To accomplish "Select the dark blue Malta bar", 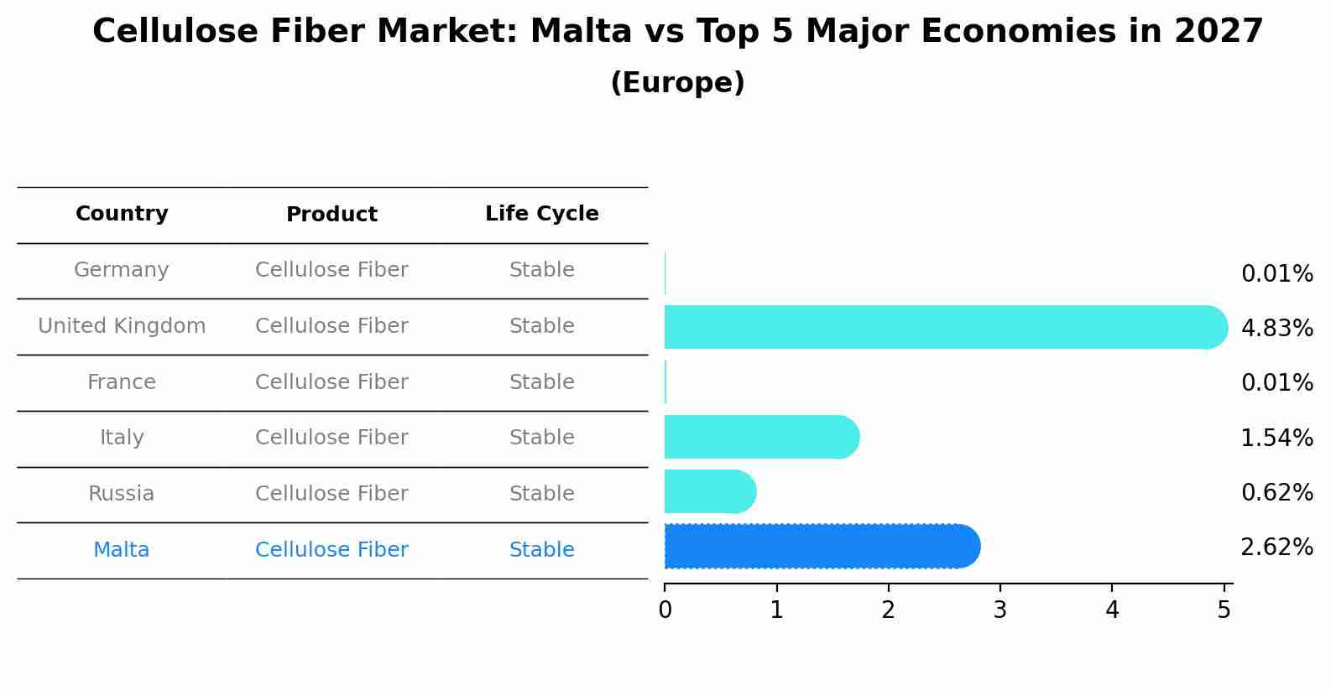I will point(822,547).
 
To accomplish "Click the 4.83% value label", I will point(1276,329).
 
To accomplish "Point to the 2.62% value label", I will point(1276,547).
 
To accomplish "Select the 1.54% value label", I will point(1276,438).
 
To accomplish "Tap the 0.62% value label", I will point(1276,493).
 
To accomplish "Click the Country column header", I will point(122,214).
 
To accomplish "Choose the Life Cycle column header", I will point(541,214).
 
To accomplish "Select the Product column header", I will point(331,215).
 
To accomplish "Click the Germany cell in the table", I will point(122,270).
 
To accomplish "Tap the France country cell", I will point(122,382).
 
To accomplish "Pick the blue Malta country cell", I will point(122,550).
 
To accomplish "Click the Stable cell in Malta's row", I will point(541,550).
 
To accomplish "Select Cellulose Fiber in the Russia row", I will point(331,494).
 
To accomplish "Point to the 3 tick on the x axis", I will point(1000,610).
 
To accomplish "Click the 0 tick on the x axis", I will point(665,610).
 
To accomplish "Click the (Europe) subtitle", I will point(677,83).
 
